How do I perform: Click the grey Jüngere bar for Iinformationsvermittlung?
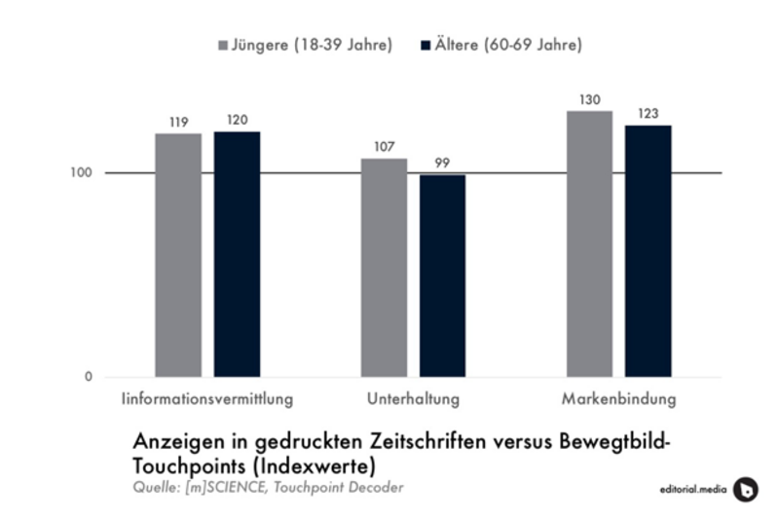pos(178,254)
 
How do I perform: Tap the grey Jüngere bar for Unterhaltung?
pos(384,267)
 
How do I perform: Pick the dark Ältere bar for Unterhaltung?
pos(443,276)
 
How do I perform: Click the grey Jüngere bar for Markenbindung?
pos(589,243)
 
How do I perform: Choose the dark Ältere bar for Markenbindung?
pos(649,250)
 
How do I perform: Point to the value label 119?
pos(178,124)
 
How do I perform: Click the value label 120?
pos(238,122)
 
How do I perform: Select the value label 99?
pos(443,165)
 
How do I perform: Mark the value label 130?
pos(589,100)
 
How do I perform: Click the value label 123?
pos(649,115)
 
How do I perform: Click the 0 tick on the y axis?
pos(88,377)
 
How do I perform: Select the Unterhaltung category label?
pos(414,400)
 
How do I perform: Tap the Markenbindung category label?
pos(618,400)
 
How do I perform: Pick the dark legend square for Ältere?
pos(425,46)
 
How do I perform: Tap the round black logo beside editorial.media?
pos(745,488)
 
